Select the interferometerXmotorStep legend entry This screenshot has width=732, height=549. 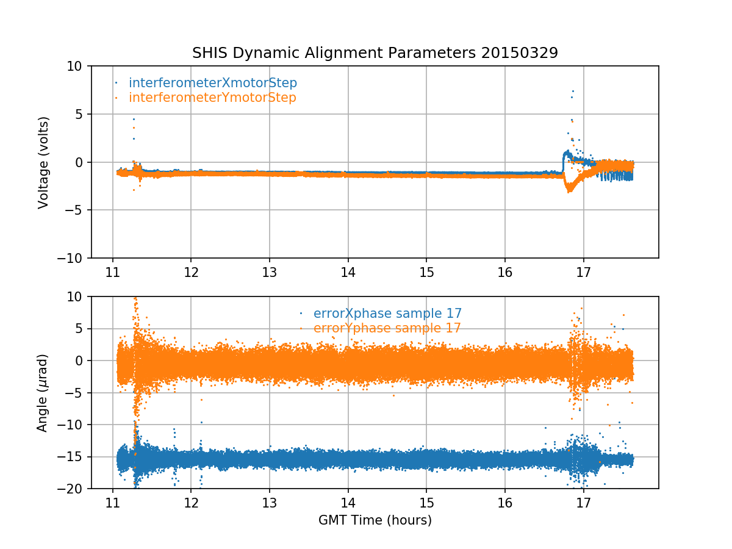coord(213,83)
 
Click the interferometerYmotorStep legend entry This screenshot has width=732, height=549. coord(212,98)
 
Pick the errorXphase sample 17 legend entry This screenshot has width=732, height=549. coord(387,314)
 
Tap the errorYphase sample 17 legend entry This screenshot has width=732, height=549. coord(387,328)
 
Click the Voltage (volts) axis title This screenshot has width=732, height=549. coord(43,162)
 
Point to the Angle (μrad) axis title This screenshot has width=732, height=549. coord(43,393)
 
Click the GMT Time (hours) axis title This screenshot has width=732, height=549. coord(375,520)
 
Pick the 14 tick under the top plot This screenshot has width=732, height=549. coord(348,270)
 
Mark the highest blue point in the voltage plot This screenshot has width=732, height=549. coord(573,91)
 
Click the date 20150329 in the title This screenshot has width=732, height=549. coord(519,53)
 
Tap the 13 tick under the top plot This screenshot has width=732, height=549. coord(269,270)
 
